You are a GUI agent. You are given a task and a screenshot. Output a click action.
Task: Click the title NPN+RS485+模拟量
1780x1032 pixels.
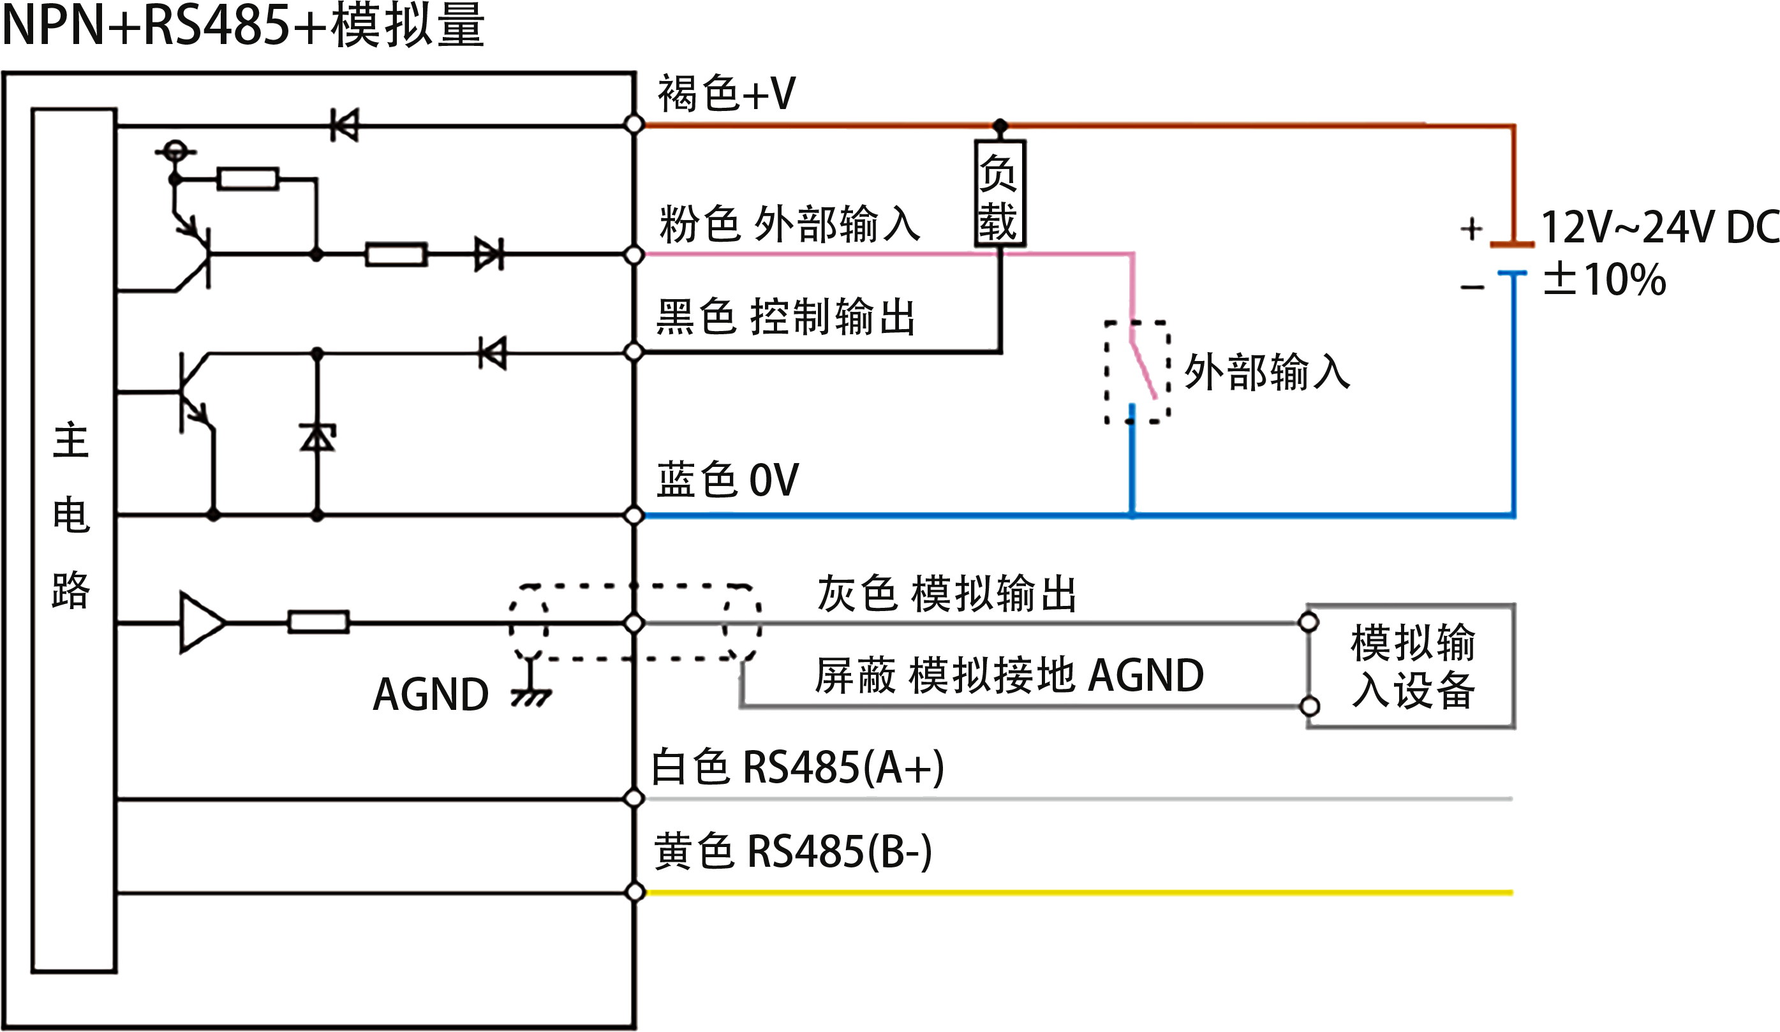coord(244,25)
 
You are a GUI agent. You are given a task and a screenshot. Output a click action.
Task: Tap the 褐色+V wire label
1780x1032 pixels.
coord(726,92)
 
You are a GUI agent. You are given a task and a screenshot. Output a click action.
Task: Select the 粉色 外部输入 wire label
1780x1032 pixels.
coord(789,224)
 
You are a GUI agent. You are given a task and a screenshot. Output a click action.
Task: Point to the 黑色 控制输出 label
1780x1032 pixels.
coord(784,316)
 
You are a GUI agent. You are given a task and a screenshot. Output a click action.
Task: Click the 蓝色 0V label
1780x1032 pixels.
coord(727,479)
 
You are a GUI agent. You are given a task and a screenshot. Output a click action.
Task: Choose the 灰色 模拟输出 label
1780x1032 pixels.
coord(945,593)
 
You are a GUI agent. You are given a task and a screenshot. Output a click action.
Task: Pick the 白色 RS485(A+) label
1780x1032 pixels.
coord(797,767)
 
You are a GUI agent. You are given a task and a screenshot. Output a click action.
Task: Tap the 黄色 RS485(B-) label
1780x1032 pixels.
coord(791,851)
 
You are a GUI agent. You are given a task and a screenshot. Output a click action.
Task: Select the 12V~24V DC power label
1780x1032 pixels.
coord(1660,226)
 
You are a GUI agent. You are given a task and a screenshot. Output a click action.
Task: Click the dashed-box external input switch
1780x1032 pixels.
coord(1137,372)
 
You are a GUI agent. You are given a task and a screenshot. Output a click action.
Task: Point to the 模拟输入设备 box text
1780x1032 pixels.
coord(1412,665)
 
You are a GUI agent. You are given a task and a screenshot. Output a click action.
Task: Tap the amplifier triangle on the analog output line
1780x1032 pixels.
coord(202,623)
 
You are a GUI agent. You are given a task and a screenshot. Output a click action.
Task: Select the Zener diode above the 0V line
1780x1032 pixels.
coord(317,438)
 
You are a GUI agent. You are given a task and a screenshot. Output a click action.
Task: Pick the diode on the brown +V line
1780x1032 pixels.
coord(345,125)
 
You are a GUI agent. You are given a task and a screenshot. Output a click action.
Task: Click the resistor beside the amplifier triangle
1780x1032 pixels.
coord(318,623)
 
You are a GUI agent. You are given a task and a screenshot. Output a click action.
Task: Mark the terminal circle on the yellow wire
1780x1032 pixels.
coord(635,892)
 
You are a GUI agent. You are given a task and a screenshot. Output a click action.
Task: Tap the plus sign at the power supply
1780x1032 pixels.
coord(1471,229)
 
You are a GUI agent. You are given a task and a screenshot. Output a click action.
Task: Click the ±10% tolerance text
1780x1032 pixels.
coord(1604,277)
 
